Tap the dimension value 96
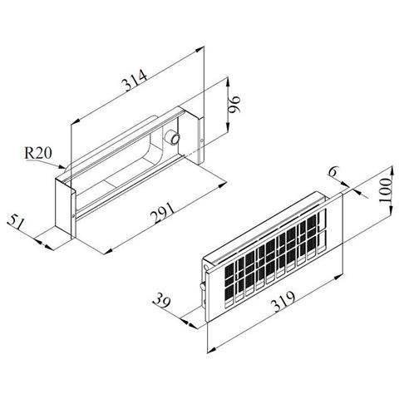[234, 105]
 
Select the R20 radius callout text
[38, 153]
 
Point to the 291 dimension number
[163, 213]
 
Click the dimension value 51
[16, 223]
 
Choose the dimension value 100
[386, 191]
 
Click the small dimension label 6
[332, 172]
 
